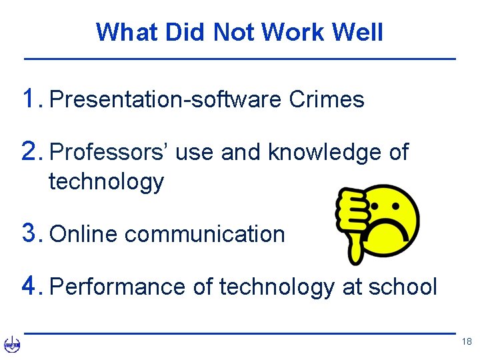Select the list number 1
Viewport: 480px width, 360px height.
[30, 99]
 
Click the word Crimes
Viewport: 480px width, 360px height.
[327, 100]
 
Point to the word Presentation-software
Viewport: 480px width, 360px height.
[166, 100]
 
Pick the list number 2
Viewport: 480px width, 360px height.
[30, 153]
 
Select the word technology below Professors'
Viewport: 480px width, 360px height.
[106, 181]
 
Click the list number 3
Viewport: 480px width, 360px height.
[30, 233]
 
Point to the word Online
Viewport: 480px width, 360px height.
[84, 234]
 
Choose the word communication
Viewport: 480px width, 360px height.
[205, 234]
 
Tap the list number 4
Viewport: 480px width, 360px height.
[30, 287]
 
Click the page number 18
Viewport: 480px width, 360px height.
[466, 342]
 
